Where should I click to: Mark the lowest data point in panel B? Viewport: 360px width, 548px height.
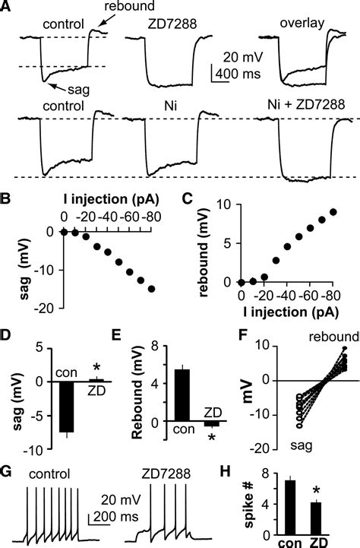(153, 289)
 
